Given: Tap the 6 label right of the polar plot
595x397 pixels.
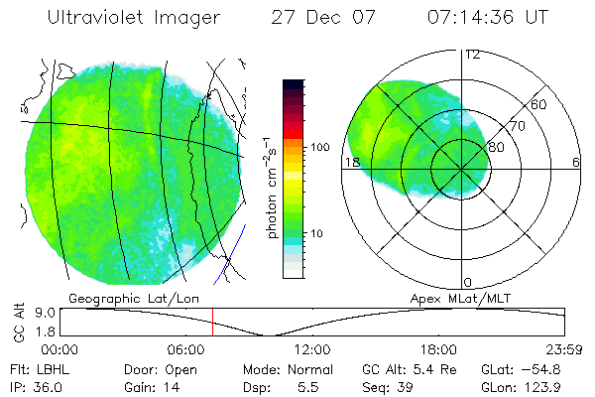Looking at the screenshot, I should (x=576, y=162).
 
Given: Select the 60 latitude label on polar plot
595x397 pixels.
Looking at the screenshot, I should (x=539, y=104).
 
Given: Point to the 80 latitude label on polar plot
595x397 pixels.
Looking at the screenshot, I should (x=497, y=147).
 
